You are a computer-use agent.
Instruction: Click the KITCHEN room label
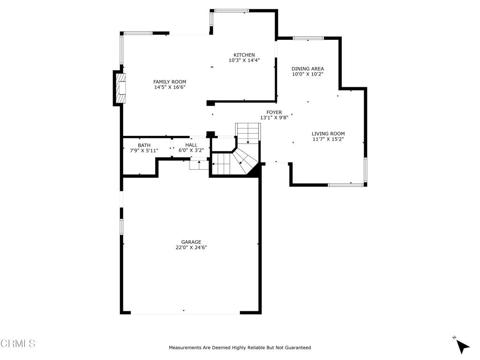tap(244, 55)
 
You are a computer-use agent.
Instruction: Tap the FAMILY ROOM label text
tap(169, 82)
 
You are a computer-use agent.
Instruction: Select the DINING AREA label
tap(307, 69)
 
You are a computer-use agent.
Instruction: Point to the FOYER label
tap(274, 112)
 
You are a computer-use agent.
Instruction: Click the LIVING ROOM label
tap(328, 134)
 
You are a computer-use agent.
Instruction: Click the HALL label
tap(191, 145)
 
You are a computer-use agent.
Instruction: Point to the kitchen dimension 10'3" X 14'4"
tap(244, 60)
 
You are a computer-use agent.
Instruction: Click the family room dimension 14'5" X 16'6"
tap(169, 88)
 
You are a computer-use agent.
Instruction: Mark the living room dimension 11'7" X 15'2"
tap(328, 139)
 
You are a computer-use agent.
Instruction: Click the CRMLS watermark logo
tap(18, 344)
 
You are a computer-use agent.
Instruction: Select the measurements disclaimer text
tap(240, 348)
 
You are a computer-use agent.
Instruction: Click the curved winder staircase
tap(241, 159)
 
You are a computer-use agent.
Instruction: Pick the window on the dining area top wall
tap(308, 38)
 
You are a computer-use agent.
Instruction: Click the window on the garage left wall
tap(121, 226)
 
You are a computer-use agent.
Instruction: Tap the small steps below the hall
tap(199, 165)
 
